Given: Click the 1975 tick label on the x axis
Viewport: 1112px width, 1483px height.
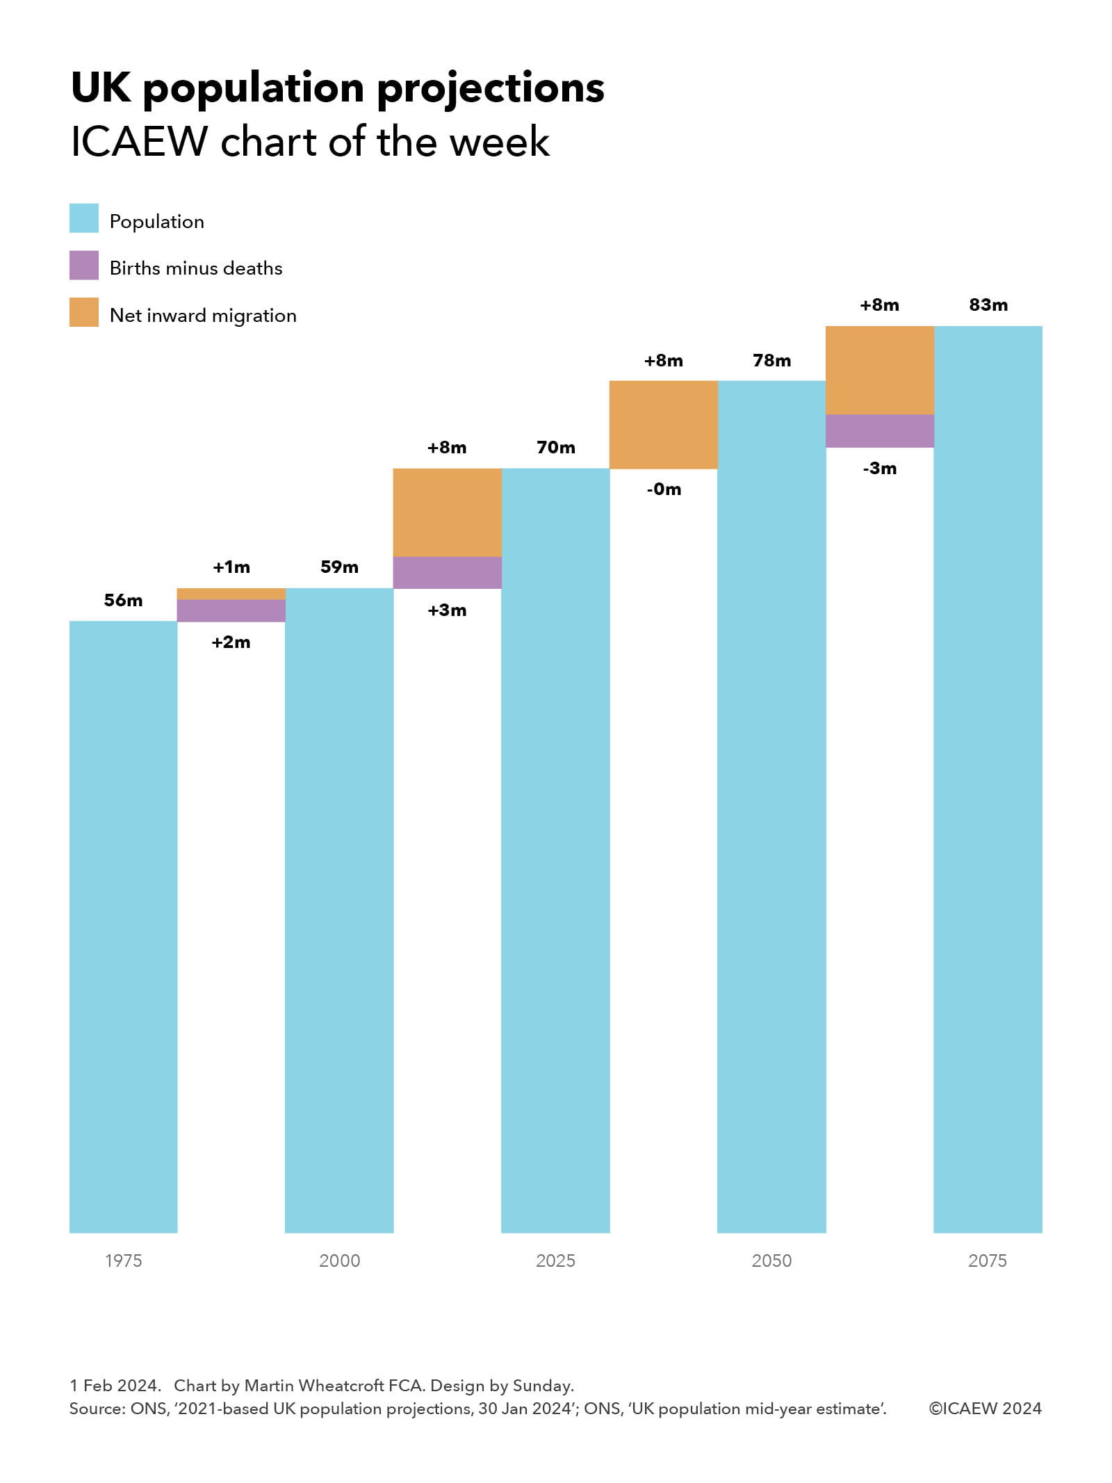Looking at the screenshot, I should point(123,1261).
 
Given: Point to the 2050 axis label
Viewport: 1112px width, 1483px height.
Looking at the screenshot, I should point(771,1261).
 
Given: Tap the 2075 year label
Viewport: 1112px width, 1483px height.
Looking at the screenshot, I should point(987,1261).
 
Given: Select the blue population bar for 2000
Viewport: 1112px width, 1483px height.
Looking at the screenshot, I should point(339,904).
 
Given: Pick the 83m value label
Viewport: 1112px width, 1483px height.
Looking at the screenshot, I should point(988,305).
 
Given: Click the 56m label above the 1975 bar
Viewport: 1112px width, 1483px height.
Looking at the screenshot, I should point(123,600).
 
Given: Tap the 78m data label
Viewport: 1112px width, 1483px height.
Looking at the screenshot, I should point(771,361).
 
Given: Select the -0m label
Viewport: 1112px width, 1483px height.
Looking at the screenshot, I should point(664,489).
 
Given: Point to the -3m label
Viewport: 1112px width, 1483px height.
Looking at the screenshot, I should point(880,469).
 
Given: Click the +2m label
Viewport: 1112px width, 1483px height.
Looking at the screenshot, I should point(231,642).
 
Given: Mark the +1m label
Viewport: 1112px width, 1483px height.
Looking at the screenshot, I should point(231,567).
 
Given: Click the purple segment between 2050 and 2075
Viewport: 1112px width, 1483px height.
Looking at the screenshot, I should point(880,431).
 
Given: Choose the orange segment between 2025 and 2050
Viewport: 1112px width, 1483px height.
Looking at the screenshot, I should point(664,425).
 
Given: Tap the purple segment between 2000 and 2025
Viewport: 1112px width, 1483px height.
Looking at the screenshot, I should point(447,573).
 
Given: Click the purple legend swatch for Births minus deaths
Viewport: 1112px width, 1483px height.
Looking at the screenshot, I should point(84,266).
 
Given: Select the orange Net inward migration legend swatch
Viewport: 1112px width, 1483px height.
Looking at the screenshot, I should point(84,313).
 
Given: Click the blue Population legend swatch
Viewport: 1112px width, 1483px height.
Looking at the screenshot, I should point(84,218).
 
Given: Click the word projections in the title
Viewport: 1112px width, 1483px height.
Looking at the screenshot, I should point(491,89).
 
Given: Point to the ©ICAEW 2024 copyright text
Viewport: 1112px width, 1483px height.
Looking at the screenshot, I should point(985,1409).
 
